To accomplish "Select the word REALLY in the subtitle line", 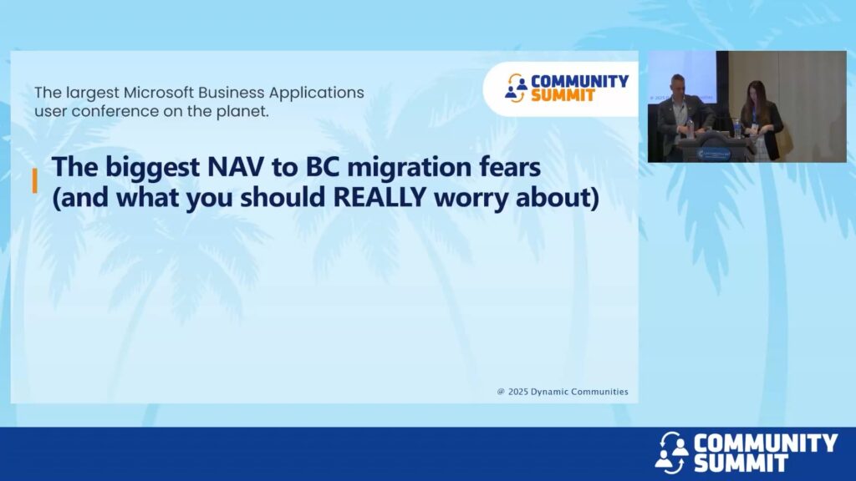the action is pos(380,197).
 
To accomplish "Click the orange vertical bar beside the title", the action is pos(35,180).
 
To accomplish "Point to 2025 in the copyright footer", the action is pos(518,392).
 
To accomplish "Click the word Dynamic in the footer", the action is pos(549,392).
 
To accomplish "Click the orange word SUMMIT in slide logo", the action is pos(563,96).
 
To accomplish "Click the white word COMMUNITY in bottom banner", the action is pos(766,443).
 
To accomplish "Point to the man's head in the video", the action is pos(678,85).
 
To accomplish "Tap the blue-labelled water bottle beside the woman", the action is pos(737,128).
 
